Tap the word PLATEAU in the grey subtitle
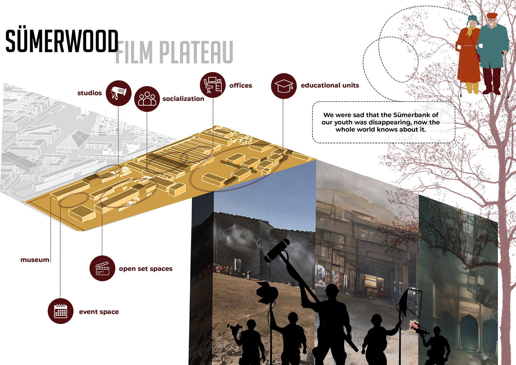(x=196, y=52)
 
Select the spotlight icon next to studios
(x=119, y=93)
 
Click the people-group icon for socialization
(x=147, y=99)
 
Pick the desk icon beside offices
(x=213, y=85)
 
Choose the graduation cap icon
(x=284, y=86)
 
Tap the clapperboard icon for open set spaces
(x=102, y=268)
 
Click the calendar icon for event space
(x=60, y=311)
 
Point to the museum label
(x=35, y=260)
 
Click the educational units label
(x=330, y=85)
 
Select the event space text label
(x=99, y=312)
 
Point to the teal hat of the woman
(x=473, y=19)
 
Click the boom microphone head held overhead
(x=277, y=250)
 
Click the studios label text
(x=89, y=93)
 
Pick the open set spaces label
(x=146, y=269)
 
